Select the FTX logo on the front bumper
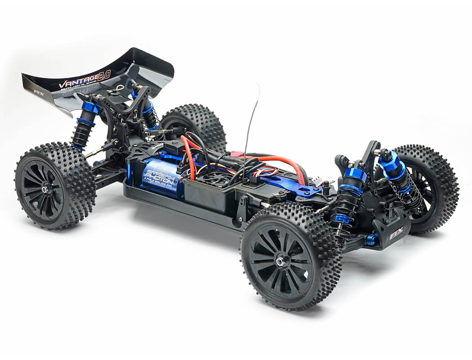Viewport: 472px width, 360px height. click(x=396, y=234)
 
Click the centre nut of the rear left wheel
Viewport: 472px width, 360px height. click(x=45, y=189)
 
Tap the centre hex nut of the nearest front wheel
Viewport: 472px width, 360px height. click(x=283, y=260)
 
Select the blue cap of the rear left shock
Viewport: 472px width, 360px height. click(x=89, y=108)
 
